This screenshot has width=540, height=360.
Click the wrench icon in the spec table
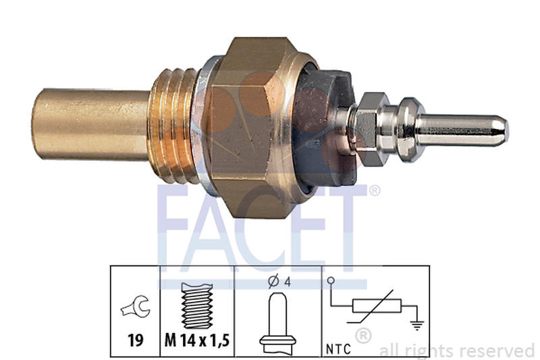135,308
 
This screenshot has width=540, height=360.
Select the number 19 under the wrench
135,339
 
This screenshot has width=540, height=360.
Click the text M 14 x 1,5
196,340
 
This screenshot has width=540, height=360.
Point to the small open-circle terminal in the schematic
331,280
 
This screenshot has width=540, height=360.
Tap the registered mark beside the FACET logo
373,191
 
